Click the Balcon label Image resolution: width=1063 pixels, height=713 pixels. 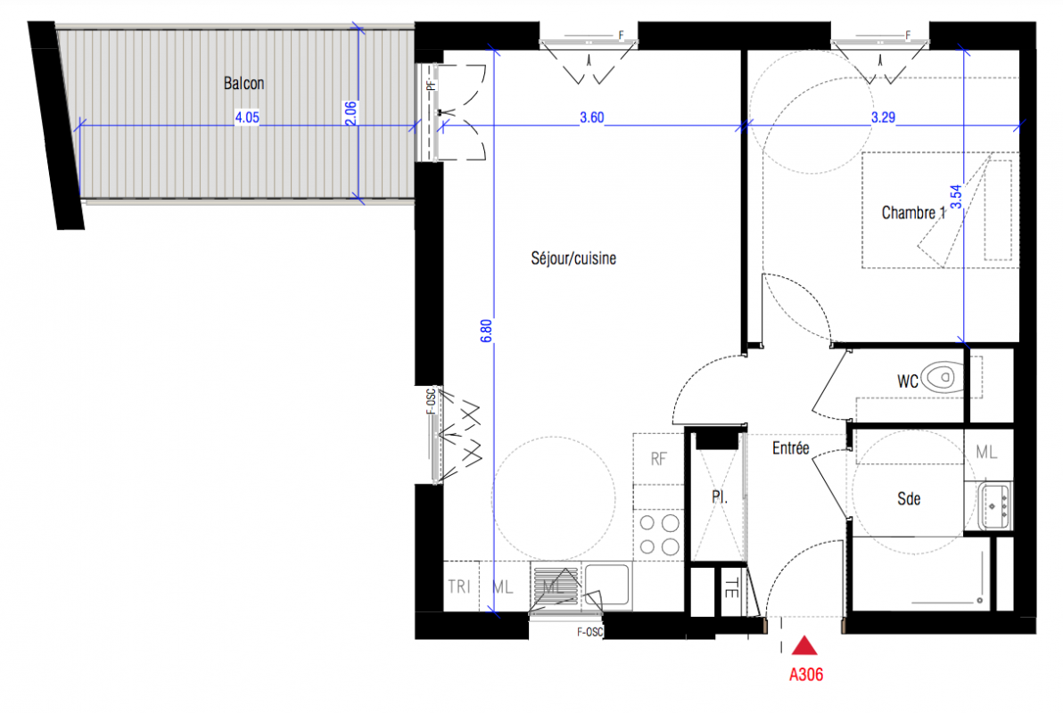tap(244, 84)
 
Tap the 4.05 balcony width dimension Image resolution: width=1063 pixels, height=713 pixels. tap(247, 118)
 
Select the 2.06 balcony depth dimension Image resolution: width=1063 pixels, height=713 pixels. tap(350, 113)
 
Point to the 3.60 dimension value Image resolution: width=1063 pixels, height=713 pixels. tap(592, 118)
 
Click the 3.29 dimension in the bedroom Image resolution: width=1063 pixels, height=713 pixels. tap(883, 118)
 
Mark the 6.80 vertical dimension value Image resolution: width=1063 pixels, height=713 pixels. tap(486, 331)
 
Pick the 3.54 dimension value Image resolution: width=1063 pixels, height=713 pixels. tap(955, 197)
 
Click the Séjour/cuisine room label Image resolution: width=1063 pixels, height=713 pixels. tap(573, 258)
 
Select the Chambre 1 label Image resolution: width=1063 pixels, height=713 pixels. tap(913, 213)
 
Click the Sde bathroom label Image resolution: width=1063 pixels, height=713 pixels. tap(909, 499)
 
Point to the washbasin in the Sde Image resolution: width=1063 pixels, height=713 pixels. tap(993, 505)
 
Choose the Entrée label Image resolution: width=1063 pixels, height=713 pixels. tap(790, 448)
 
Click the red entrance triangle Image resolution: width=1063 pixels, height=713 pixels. tap(804, 645)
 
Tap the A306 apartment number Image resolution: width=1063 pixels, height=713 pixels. tap(806, 675)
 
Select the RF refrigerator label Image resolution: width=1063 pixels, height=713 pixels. tap(658, 459)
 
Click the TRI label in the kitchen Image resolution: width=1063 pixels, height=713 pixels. tap(459, 586)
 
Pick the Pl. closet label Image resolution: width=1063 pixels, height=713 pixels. tap(720, 496)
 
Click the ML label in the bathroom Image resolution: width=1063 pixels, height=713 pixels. tap(985, 452)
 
